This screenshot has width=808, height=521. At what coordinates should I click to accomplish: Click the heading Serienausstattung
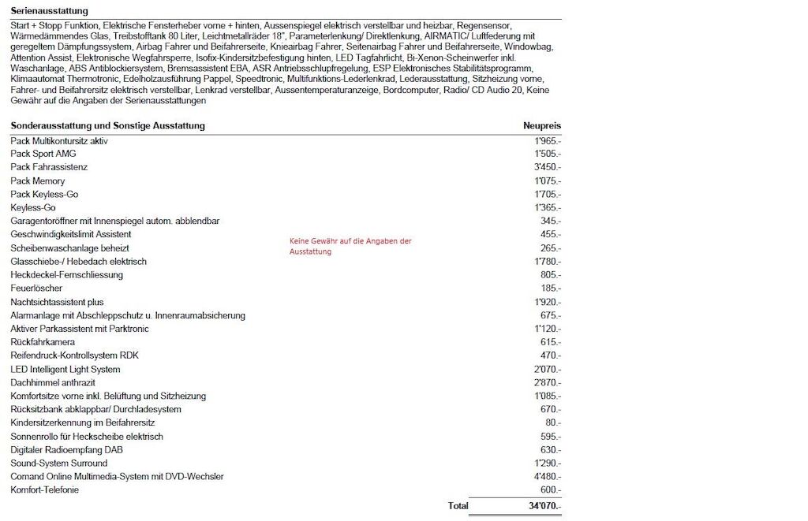tap(49, 11)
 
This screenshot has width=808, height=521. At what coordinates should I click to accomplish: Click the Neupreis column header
tap(542, 126)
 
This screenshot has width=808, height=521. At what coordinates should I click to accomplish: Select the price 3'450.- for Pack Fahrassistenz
tap(548, 167)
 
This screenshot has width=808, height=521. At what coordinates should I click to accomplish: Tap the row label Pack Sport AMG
tap(43, 154)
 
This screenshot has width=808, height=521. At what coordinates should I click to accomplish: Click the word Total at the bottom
tap(458, 505)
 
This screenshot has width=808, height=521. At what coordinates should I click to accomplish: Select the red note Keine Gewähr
tap(350, 246)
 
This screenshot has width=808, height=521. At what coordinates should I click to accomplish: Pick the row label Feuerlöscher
tap(36, 288)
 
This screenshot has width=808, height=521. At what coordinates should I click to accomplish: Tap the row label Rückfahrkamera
tap(43, 342)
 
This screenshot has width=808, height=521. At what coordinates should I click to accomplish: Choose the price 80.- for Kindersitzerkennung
tap(553, 422)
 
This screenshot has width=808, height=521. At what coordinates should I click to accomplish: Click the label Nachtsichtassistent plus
tap(57, 302)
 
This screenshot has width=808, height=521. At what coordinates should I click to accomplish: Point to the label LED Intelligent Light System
tap(65, 369)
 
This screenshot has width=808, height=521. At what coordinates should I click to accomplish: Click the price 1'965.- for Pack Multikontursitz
tap(548, 140)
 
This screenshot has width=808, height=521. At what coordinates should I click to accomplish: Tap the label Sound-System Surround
tap(58, 463)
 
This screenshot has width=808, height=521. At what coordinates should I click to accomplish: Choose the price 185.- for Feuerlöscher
tap(551, 288)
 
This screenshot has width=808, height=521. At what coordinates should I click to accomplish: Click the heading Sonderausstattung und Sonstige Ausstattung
tap(107, 126)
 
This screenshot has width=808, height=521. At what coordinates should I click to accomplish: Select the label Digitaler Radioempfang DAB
tap(66, 449)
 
